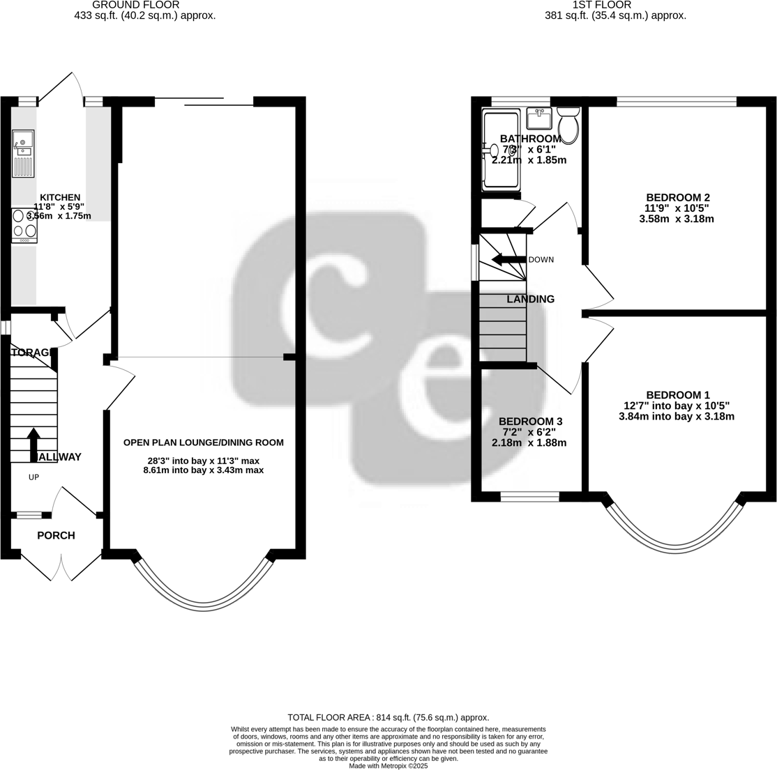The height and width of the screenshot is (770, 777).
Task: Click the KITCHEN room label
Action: tap(59, 197)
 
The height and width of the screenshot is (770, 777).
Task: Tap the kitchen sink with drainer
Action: tap(23, 154)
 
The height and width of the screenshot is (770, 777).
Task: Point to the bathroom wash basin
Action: tap(538, 119)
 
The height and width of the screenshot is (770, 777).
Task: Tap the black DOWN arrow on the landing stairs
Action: tap(508, 260)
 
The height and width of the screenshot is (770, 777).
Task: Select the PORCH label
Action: tap(56, 535)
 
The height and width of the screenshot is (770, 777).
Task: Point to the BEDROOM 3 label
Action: tap(530, 422)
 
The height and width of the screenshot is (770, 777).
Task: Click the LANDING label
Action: tap(530, 299)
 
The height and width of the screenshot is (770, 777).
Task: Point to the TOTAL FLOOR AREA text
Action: tap(388, 717)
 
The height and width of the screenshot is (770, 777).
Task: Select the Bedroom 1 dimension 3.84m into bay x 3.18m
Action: tap(676, 417)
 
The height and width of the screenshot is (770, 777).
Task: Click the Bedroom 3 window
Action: tap(530, 497)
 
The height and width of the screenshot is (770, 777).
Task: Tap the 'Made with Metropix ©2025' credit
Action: tap(388, 765)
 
